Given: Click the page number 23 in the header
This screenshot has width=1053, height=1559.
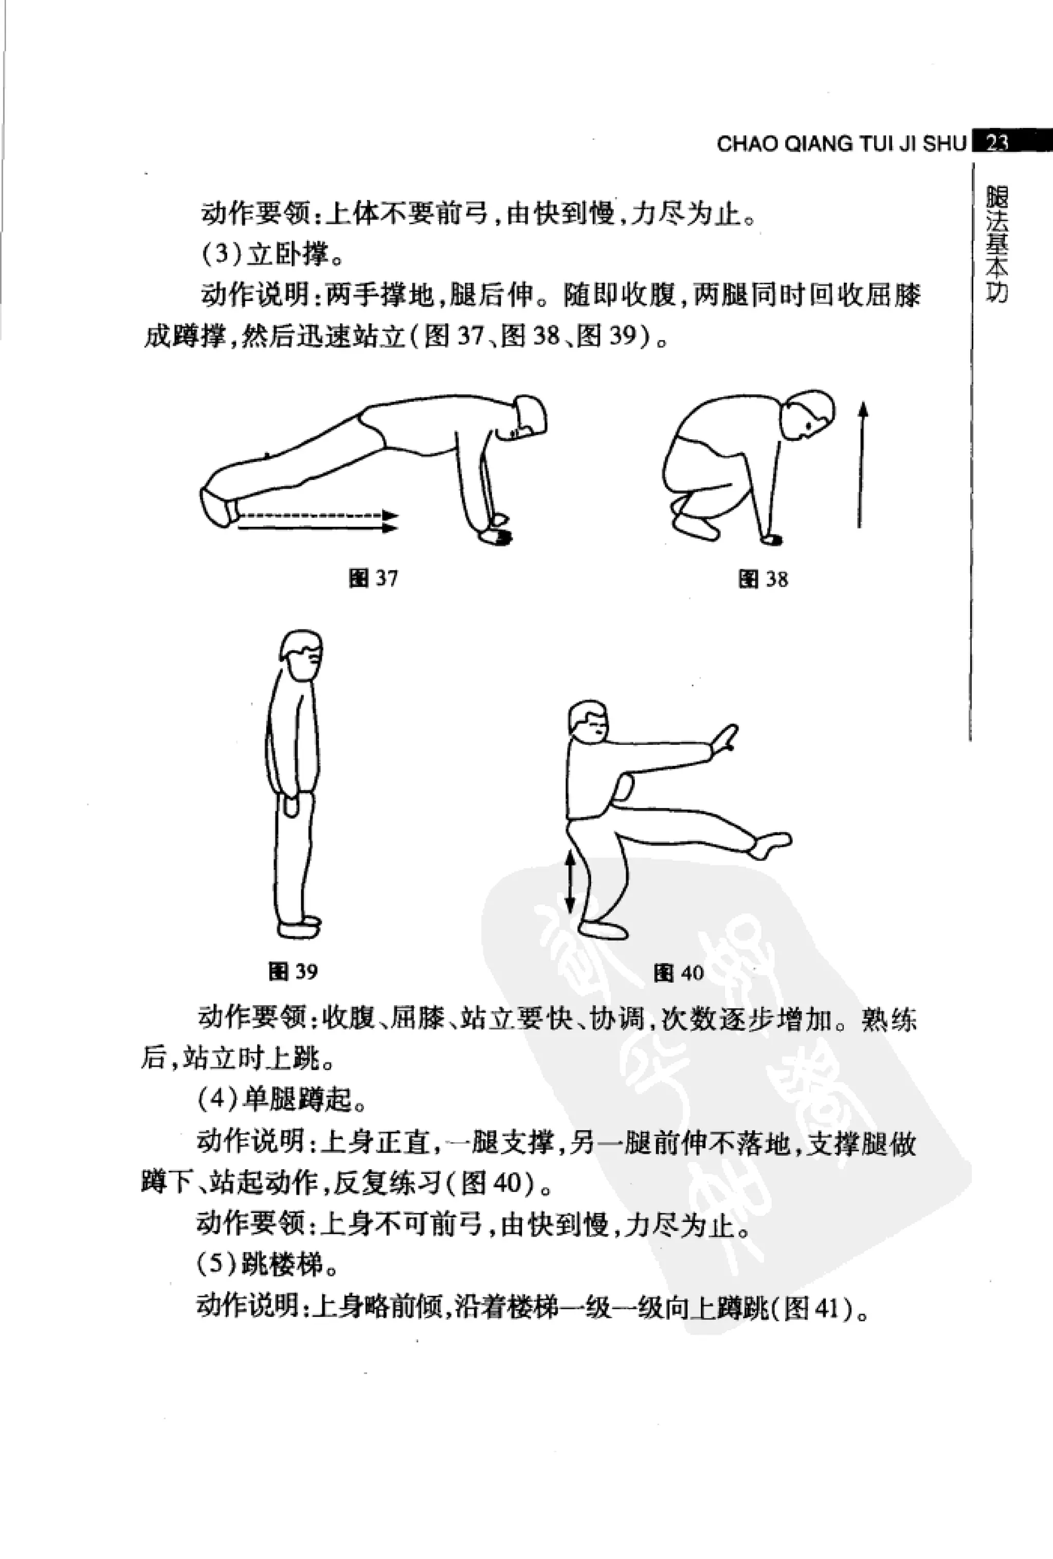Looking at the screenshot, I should click(x=998, y=142).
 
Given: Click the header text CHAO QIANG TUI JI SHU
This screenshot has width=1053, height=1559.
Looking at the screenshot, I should click(x=842, y=144).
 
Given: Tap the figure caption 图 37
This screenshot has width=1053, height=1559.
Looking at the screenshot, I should click(x=374, y=578).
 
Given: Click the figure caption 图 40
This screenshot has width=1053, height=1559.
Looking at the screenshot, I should click(x=679, y=973).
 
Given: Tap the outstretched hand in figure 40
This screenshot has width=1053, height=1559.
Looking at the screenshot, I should click(x=725, y=738).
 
